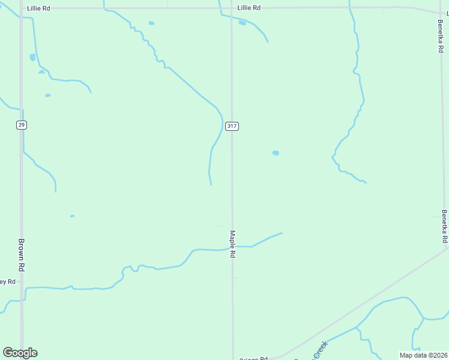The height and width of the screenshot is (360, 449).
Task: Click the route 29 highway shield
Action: point(22,125)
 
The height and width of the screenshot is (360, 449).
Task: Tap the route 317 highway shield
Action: point(232,126)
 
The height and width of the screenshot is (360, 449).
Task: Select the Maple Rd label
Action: point(232,244)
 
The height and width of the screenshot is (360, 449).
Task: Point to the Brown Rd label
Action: point(21,255)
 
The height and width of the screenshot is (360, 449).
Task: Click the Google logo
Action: point(20,352)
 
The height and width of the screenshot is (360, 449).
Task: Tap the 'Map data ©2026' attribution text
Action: point(424,355)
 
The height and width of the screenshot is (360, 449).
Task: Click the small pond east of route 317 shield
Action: point(276,153)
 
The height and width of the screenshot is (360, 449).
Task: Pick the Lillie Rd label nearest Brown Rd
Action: point(38,8)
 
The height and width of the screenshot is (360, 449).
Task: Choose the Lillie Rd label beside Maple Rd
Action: point(249,8)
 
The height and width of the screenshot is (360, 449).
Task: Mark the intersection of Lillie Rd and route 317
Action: point(232,8)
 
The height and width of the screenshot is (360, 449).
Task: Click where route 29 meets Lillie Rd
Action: point(22,8)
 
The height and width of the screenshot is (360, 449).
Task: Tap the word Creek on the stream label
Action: point(322,347)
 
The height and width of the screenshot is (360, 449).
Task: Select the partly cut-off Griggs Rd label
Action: point(253,358)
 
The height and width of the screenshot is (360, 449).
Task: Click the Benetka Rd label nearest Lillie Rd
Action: point(441,36)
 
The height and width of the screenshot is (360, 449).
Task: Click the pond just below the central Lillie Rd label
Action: point(242,23)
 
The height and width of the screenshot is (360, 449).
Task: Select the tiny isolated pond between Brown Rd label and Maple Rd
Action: point(72,216)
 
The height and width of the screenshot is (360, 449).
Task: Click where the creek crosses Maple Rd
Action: point(233,246)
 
